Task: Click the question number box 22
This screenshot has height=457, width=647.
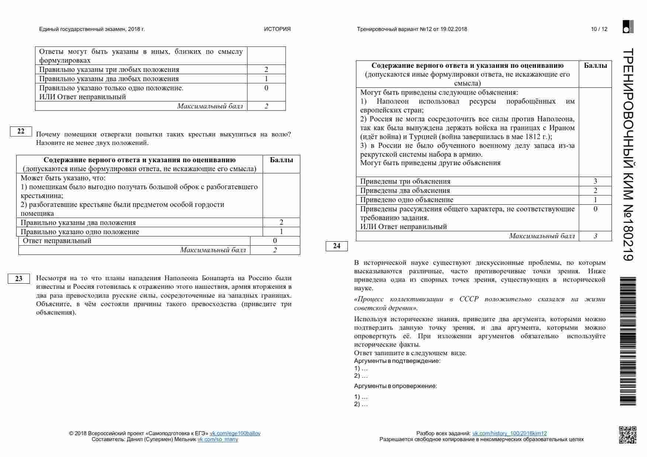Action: point(21,131)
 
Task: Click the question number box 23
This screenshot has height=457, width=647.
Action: point(19,279)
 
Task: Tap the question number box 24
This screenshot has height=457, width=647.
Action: point(336,246)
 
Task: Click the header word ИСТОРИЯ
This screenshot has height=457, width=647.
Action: point(277,29)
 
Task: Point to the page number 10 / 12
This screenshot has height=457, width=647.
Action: point(599,29)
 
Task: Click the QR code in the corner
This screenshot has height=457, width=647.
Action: point(627,435)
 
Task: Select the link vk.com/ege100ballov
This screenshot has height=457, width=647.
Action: point(235,433)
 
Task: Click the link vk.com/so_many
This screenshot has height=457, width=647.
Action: point(218,439)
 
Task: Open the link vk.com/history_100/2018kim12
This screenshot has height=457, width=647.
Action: point(509,433)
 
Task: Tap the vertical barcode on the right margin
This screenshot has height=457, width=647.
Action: point(628,341)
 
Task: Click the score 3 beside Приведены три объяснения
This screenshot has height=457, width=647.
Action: point(595,181)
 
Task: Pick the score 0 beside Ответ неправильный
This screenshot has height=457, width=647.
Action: point(275,241)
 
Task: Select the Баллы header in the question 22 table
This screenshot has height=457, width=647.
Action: point(281,160)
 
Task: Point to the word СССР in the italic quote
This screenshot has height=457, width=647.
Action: point(468,299)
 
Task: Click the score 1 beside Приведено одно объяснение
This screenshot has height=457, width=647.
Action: point(595,200)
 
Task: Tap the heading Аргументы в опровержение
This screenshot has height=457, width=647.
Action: point(395,386)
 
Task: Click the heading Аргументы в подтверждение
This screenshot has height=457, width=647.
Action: point(397,361)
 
